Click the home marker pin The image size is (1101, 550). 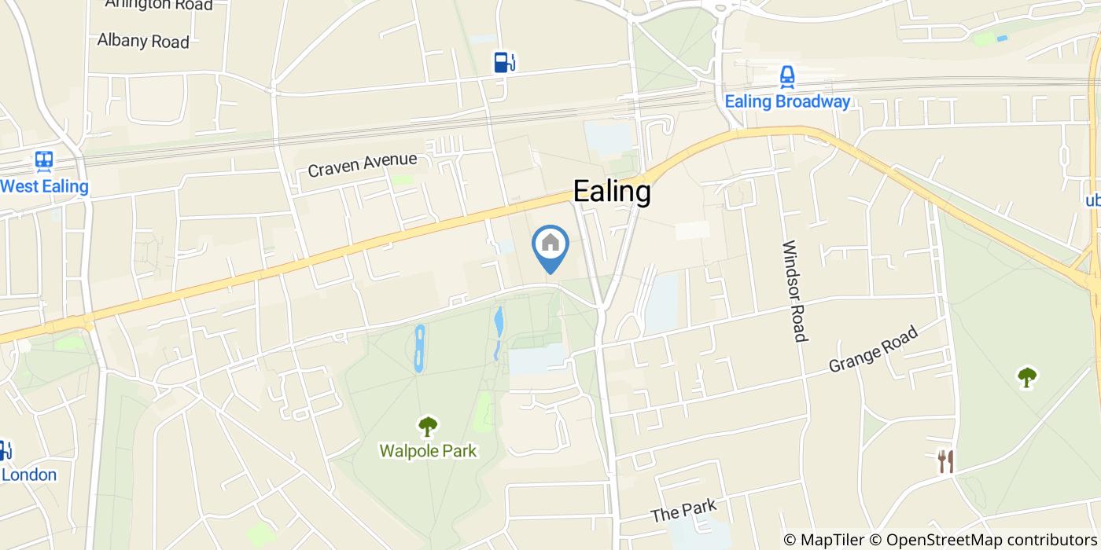coord(550,244)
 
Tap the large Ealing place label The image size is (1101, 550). coord(612,192)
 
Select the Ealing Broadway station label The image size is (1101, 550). coord(787,101)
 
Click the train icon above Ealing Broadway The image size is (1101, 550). coord(787,76)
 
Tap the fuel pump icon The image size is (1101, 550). coord(504,62)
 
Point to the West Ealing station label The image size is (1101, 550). coord(44,187)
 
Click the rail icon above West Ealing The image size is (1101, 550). coord(44,162)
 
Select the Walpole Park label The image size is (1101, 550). coord(428,451)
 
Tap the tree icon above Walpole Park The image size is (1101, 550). coord(428,427)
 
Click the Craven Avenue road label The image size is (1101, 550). coord(362,164)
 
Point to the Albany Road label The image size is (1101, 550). coord(143,41)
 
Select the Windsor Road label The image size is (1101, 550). coord(794,291)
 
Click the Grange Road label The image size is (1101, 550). coord(873,350)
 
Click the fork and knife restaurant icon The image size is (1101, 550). coord(945,461)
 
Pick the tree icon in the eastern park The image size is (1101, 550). coord(1026,377)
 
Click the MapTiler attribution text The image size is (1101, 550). coord(823,540)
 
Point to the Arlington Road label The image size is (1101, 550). coord(159,5)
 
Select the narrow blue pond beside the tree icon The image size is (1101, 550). coord(420,348)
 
